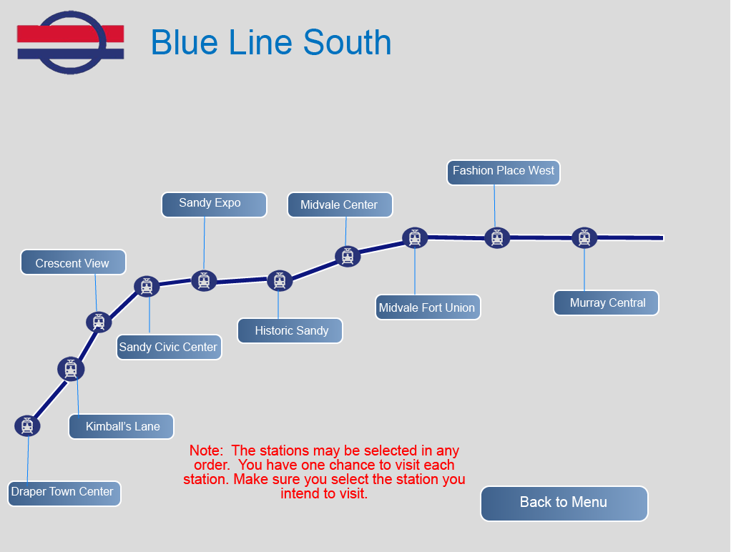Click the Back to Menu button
click(x=564, y=503)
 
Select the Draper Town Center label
click(x=64, y=493)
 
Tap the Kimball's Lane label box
click(x=121, y=427)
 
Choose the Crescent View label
click(x=73, y=262)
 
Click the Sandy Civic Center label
click(x=169, y=348)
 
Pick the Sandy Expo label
click(x=214, y=204)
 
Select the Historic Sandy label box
click(x=290, y=330)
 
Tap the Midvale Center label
click(x=340, y=204)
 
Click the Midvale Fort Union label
click(x=428, y=307)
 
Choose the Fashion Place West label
click(x=504, y=172)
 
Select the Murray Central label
click(x=606, y=303)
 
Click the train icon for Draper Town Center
click(x=27, y=425)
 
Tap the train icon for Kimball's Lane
click(x=71, y=369)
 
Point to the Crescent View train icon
click(x=99, y=322)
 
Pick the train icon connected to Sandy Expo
click(x=204, y=281)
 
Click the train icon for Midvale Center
click(x=348, y=257)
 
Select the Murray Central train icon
click(x=584, y=238)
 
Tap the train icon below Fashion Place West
click(x=497, y=238)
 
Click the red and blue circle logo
click(x=71, y=42)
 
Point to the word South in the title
click(x=348, y=42)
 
